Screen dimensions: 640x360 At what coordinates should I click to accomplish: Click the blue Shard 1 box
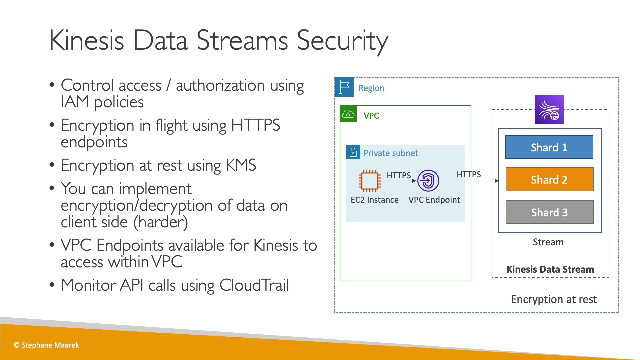pos(549,147)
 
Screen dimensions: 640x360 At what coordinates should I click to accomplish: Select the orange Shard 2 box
pos(549,179)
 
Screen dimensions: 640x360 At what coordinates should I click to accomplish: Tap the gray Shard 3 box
pos(550,212)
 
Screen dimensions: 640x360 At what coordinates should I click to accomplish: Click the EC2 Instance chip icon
pos(369,181)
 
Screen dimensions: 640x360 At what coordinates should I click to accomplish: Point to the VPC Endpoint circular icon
pos(428,181)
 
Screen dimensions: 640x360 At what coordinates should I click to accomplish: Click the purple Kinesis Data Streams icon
pos(549,110)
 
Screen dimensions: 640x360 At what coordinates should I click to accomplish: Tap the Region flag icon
pos(344,87)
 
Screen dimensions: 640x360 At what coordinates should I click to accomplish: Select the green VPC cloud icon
pos(348,114)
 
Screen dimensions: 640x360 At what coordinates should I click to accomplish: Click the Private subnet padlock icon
pos(353,152)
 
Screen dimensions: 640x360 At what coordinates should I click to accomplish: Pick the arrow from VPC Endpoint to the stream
pos(469,181)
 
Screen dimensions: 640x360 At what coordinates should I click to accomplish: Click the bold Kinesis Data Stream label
pos(550,269)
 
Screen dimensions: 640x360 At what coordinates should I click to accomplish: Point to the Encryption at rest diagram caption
pos(554,299)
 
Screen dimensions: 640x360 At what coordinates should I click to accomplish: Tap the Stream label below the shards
pos(548,242)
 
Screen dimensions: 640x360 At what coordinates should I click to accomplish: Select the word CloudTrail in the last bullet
pos(254,285)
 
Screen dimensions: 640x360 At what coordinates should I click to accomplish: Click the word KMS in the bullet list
pos(241,165)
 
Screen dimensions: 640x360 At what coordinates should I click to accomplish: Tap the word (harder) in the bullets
pos(161,222)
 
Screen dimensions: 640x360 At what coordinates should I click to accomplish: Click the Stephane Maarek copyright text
pos(46,345)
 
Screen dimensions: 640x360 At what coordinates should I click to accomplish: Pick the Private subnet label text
pos(391,153)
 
